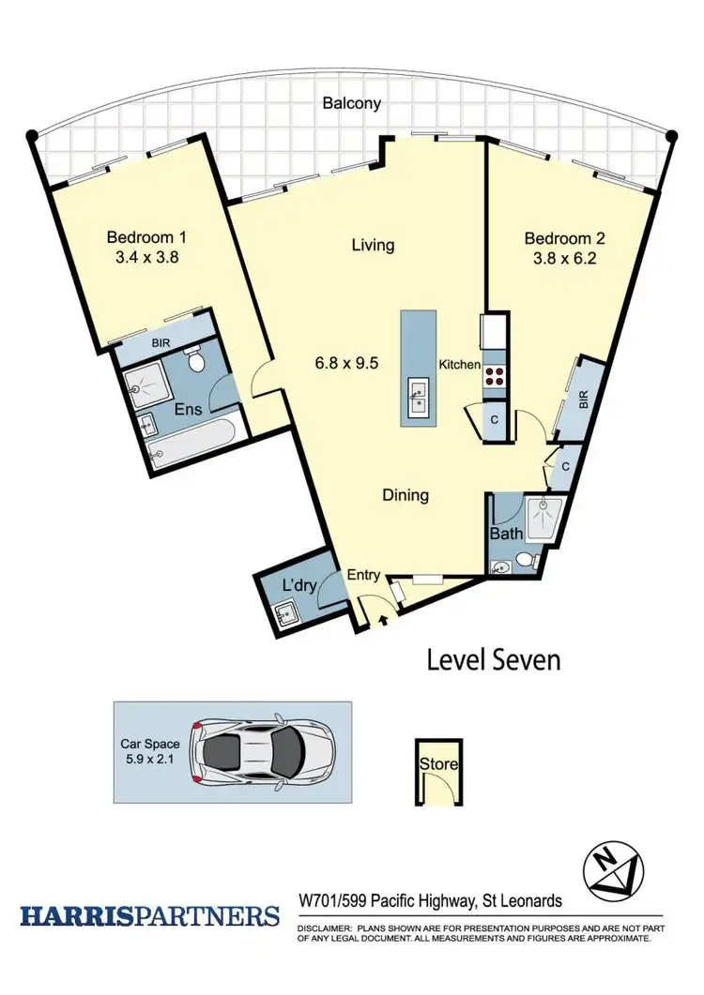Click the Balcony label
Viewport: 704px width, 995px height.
coord(352,103)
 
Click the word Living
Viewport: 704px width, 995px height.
coord(373,246)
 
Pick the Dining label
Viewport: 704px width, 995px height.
coord(405,495)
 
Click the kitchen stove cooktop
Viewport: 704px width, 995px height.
coord(494,376)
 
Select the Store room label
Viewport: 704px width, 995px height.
coord(438,764)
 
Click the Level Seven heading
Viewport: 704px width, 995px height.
coord(494,659)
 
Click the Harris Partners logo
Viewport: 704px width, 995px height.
coord(149,915)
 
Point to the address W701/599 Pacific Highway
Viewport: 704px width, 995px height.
coord(430,901)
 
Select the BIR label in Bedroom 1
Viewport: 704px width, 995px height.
coord(160,345)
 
